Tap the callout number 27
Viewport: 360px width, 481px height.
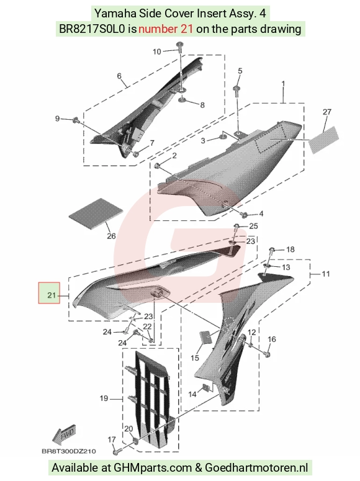(327, 112)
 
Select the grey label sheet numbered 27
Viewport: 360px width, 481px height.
(323, 140)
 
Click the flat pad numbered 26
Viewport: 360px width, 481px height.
(96, 214)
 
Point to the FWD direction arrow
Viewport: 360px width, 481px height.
(63, 435)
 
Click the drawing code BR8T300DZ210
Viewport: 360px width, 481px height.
(69, 451)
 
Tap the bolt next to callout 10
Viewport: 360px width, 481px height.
(179, 47)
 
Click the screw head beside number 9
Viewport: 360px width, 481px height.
(76, 120)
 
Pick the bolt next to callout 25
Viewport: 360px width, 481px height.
(237, 228)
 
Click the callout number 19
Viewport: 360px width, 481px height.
(104, 398)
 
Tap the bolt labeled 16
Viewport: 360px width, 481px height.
(268, 354)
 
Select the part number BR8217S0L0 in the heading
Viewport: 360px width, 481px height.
(92, 29)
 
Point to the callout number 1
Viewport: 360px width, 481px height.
(283, 83)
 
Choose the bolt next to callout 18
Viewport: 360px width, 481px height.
(272, 250)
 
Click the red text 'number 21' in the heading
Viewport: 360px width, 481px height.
(166, 29)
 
